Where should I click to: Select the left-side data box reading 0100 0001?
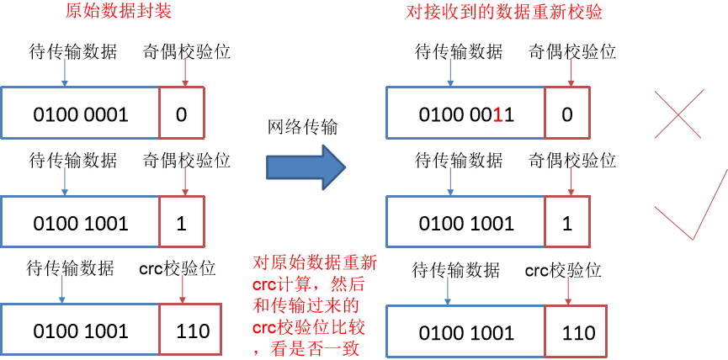click(81, 113)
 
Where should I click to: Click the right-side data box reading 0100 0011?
click(466, 114)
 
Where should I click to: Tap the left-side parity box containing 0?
click(181, 113)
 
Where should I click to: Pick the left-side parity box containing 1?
click(181, 223)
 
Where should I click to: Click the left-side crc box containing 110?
click(193, 331)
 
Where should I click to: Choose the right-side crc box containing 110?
click(578, 333)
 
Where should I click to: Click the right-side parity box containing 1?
click(566, 223)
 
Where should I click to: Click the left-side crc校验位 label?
click(177, 269)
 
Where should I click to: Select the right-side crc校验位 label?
click(562, 270)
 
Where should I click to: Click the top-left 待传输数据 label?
click(72, 52)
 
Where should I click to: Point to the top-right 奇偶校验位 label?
click(572, 52)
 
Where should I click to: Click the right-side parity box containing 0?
click(566, 114)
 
